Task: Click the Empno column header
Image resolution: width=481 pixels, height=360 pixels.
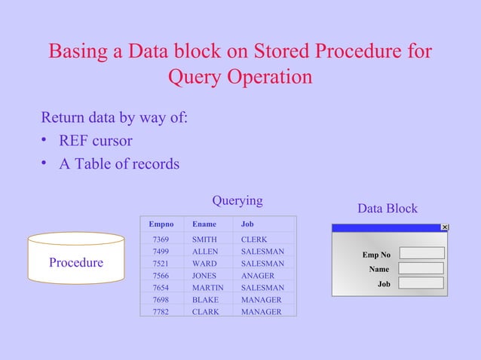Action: [x=161, y=224]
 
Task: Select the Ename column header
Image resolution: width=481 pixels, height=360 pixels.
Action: [x=204, y=224]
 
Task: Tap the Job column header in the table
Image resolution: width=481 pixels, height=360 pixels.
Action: [x=247, y=224]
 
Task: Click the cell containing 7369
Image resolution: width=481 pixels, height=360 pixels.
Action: [x=161, y=239]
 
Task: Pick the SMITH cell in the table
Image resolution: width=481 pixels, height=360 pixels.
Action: [x=204, y=239]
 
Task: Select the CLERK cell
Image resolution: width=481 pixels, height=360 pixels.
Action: [x=254, y=239]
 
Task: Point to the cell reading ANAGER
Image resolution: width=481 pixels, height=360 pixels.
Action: [x=257, y=276]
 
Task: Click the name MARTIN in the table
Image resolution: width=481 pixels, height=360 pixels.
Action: [x=207, y=288]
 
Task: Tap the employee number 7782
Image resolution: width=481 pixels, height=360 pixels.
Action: [x=161, y=312]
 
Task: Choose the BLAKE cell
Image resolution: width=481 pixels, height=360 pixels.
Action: [x=205, y=300]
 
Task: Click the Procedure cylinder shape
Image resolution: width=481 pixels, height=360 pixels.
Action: [x=75, y=263]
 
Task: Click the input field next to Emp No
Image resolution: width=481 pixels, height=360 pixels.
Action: [x=421, y=253]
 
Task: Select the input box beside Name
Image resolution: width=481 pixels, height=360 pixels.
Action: [x=421, y=268]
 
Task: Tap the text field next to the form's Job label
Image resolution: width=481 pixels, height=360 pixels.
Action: [x=421, y=283]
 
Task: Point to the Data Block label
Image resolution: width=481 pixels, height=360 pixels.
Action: [x=387, y=209]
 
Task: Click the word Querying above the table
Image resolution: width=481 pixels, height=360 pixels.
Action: [x=237, y=200]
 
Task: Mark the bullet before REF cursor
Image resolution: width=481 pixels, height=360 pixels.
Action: [x=46, y=141]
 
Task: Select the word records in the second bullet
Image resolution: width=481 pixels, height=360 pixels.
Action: [x=155, y=163]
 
